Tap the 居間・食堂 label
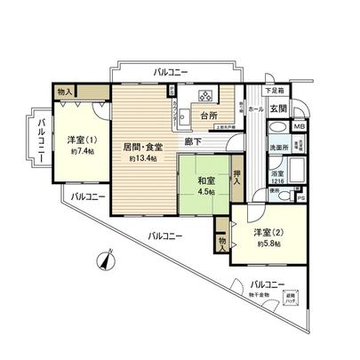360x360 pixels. tap(142, 146)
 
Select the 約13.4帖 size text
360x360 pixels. tap(142, 158)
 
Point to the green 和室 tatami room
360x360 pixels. tap(206, 181)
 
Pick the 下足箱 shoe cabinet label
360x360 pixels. tap(276, 90)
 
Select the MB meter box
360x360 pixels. tap(300, 127)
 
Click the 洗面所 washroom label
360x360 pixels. tap(278, 148)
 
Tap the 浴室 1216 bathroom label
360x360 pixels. tap(277, 174)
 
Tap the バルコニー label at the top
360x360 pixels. tap(170, 70)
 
